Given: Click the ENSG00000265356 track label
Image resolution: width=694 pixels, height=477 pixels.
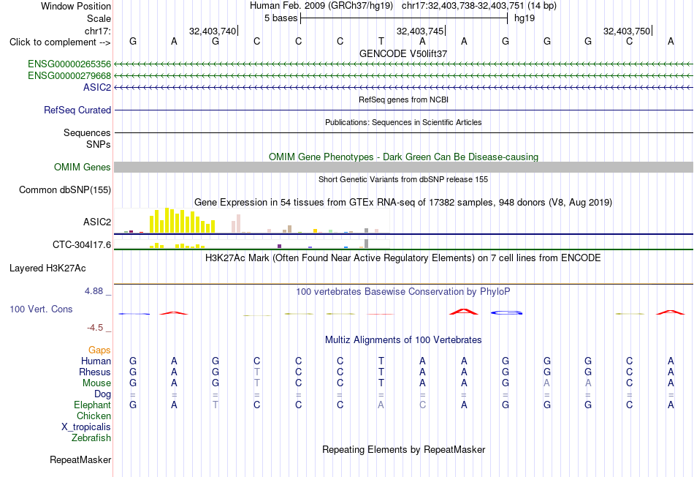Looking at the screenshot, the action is (x=69, y=64).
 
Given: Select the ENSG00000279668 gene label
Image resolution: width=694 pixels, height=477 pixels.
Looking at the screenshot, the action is (x=69, y=76).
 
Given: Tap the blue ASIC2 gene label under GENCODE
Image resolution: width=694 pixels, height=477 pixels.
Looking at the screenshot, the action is (x=97, y=87).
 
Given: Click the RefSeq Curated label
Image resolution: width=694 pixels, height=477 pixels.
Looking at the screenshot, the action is (x=77, y=110).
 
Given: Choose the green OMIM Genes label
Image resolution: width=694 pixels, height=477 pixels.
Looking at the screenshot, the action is (x=83, y=167).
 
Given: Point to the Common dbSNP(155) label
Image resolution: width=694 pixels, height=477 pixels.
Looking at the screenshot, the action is (x=65, y=189).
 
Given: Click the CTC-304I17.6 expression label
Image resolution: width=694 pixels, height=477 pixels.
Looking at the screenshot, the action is (x=82, y=244).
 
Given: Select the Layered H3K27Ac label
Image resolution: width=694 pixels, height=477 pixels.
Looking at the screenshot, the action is (x=47, y=268).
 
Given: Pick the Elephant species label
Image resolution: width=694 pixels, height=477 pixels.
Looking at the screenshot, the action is (x=93, y=405).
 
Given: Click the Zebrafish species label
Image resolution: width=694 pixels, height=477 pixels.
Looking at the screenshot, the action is (x=91, y=437).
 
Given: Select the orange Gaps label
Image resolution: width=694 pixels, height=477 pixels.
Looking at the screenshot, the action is (x=99, y=350).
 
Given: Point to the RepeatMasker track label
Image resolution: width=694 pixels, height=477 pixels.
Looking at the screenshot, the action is (x=80, y=460).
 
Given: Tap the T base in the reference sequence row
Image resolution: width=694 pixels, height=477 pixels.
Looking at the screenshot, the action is (x=381, y=41).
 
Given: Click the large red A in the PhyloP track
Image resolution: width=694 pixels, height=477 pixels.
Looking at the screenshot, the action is (x=464, y=312).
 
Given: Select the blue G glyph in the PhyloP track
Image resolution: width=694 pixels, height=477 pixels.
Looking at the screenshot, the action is (x=506, y=312).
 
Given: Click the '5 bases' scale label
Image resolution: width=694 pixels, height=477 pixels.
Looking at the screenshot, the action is (x=281, y=18).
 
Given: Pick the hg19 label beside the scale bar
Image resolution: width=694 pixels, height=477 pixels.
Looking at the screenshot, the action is (x=525, y=18).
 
